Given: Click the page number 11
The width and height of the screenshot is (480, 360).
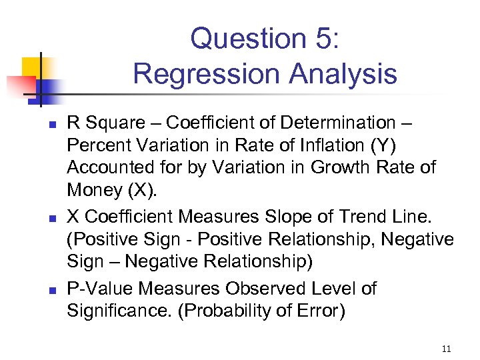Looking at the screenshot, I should click(446, 347).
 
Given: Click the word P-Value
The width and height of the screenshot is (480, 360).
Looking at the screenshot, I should click(96, 289).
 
